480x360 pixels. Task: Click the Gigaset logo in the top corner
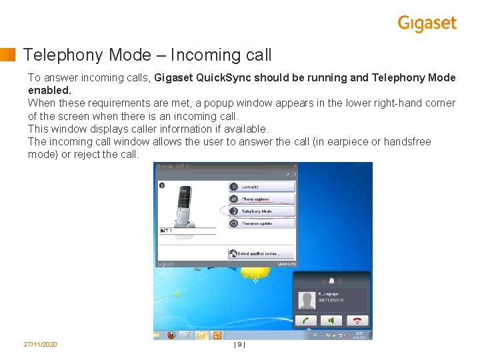click(427, 23)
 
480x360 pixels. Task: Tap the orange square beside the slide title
click(8, 55)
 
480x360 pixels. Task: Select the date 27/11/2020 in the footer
click(40, 344)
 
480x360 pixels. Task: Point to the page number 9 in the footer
click(240, 344)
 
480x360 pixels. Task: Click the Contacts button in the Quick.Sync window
click(261, 187)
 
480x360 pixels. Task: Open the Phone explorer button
click(261, 199)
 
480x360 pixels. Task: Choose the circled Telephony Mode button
click(261, 211)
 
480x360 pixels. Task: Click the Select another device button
click(261, 254)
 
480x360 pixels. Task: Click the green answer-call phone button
click(305, 321)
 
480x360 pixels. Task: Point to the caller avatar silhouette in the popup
click(307, 300)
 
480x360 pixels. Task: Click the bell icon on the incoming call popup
click(332, 281)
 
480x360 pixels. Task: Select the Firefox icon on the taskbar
click(172, 335)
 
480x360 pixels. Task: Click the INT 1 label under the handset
click(166, 231)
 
